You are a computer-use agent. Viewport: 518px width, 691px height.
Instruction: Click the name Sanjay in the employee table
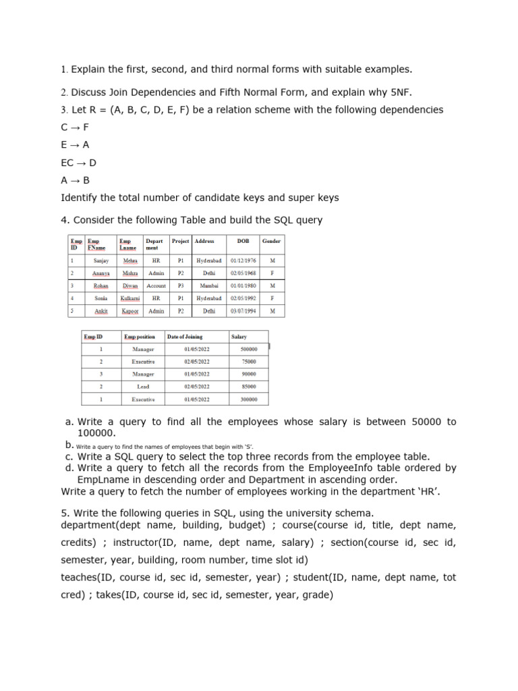(x=101, y=260)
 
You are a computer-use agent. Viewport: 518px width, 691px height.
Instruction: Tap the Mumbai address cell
(x=208, y=285)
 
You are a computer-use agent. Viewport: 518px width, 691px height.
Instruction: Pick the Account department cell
(x=156, y=285)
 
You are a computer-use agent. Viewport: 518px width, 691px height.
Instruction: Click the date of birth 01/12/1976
(x=243, y=260)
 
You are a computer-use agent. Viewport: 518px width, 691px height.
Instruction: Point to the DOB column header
(x=243, y=241)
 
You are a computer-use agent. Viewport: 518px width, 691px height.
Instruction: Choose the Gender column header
(x=272, y=241)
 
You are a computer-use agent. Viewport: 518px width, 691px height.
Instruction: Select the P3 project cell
(x=180, y=285)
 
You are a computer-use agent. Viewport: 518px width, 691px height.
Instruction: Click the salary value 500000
(x=249, y=350)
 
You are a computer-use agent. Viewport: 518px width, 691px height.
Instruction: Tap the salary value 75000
(x=249, y=362)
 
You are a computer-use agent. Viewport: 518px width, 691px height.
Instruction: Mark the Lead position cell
(x=143, y=387)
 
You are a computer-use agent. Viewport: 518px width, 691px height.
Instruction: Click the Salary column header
(x=239, y=337)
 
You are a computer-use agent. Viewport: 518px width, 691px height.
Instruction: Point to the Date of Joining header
(x=185, y=337)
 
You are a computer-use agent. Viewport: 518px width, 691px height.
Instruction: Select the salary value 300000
(x=249, y=399)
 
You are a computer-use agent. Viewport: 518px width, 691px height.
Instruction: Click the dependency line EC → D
(x=79, y=163)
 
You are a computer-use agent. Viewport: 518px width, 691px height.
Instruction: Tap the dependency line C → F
(x=75, y=127)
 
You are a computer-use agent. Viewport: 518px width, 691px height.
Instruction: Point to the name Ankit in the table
(x=101, y=311)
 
